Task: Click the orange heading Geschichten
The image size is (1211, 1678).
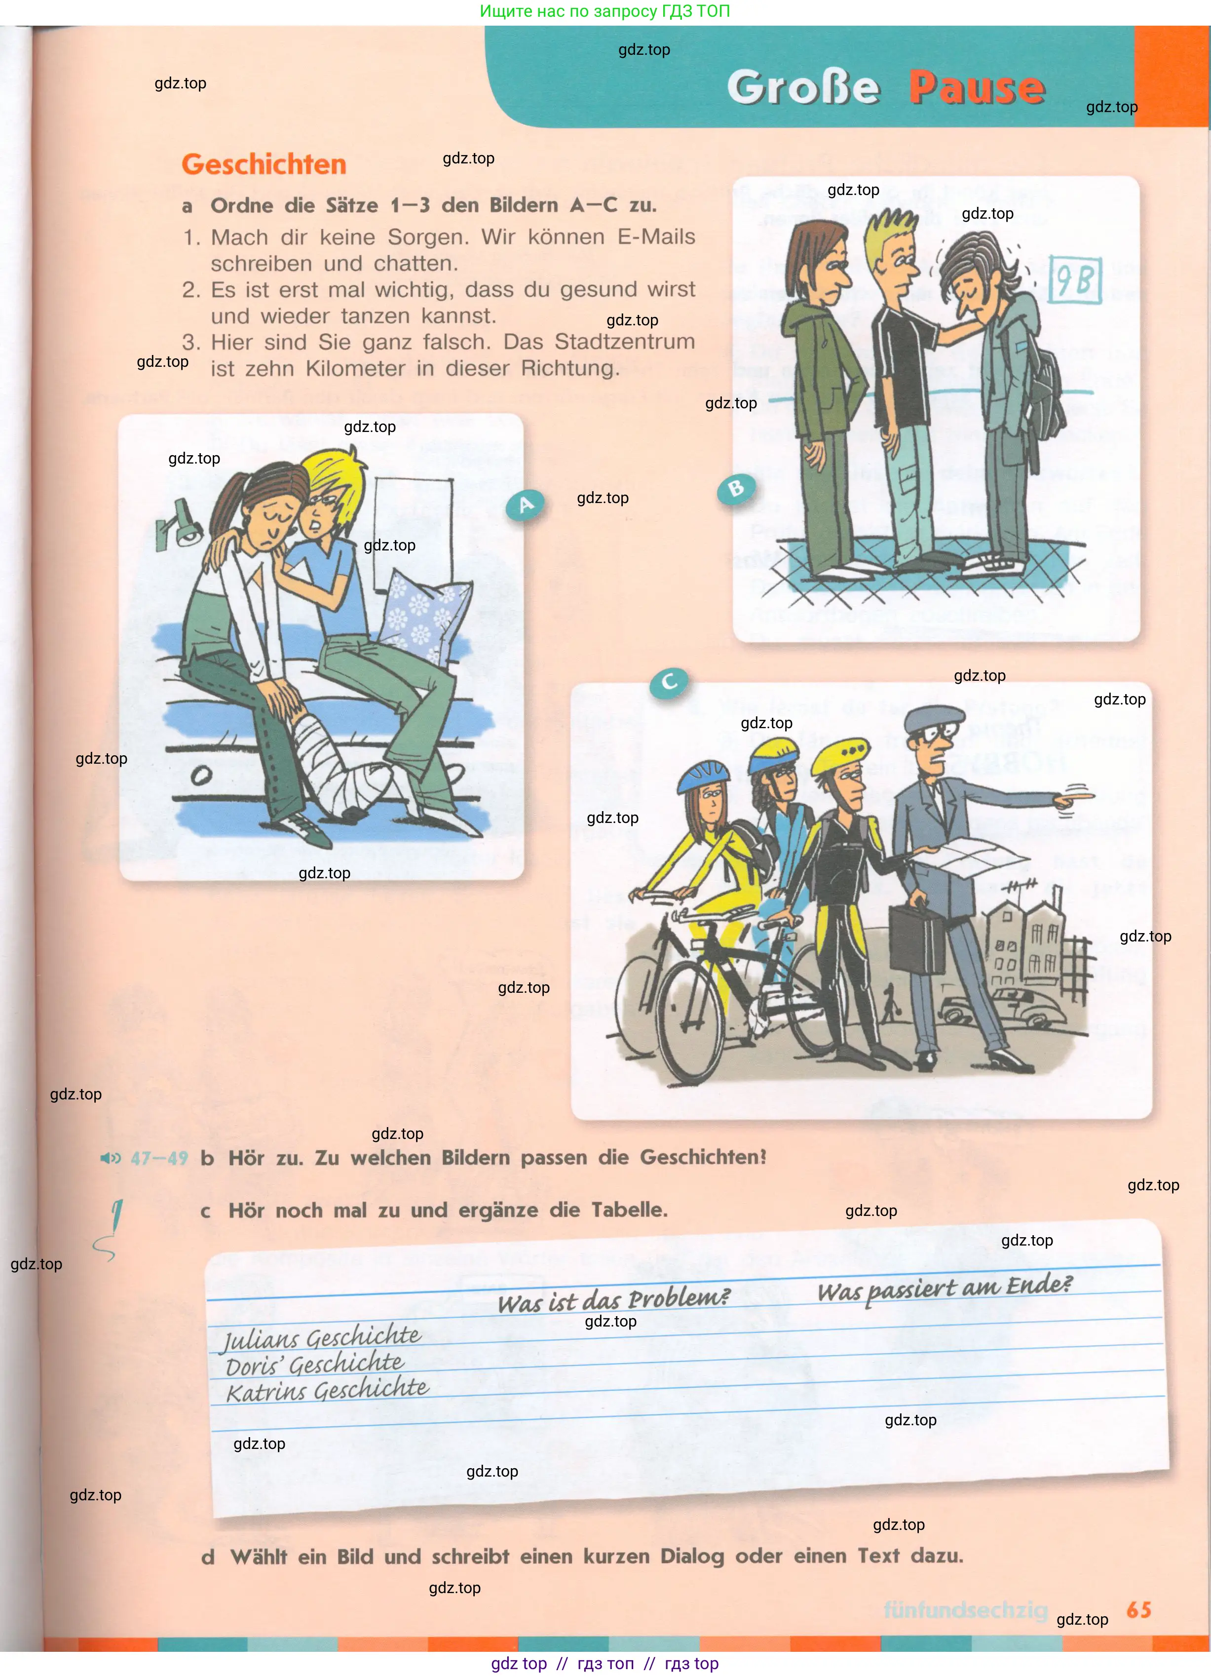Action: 264,164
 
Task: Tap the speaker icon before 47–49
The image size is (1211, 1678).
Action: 110,1158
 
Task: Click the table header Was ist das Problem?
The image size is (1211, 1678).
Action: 613,1300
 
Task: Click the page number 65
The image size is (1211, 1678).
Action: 1138,1611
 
